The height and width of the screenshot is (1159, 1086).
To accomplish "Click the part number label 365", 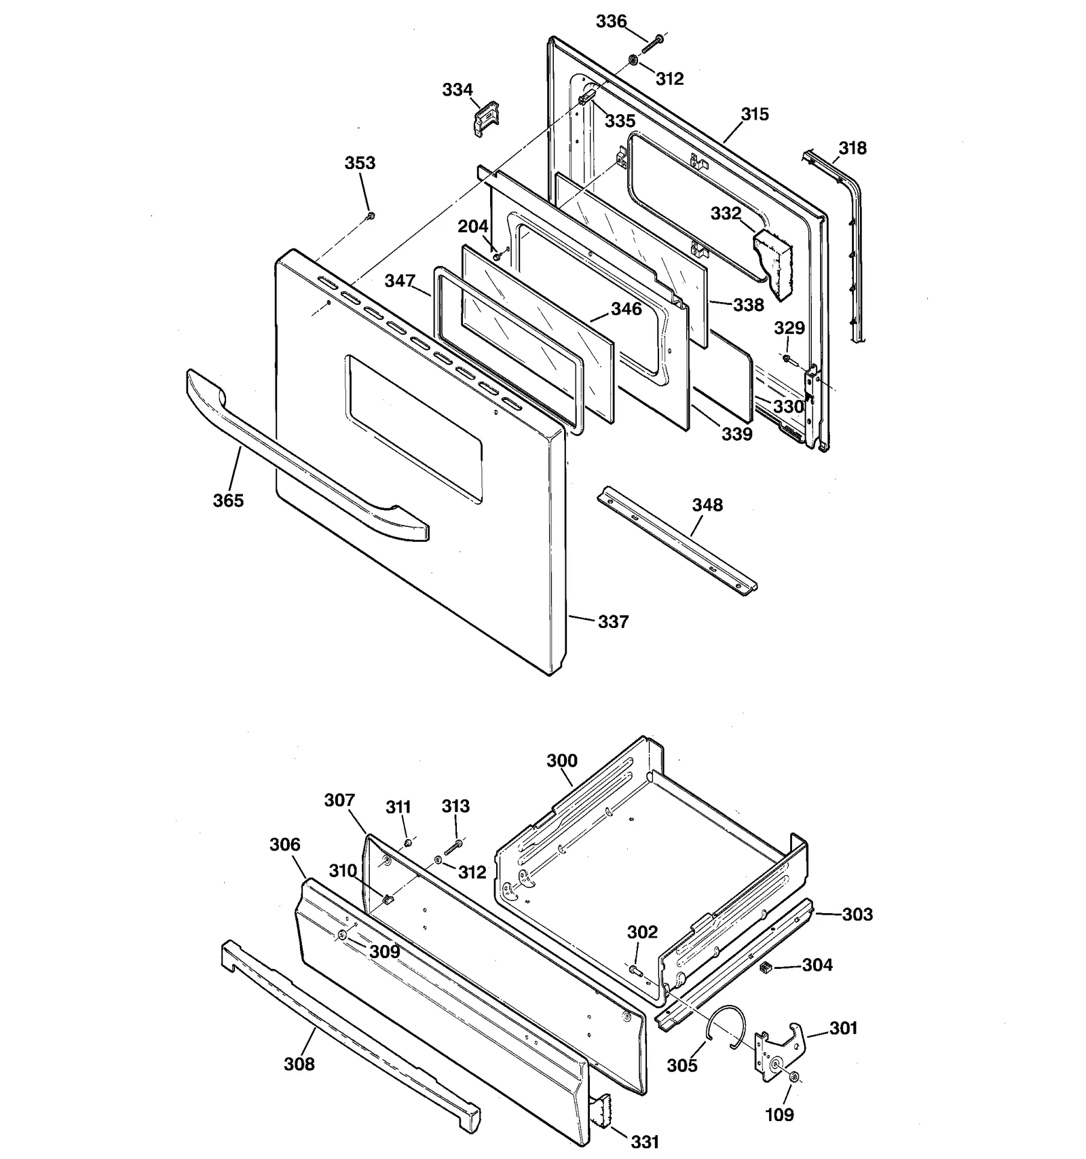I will point(227,500).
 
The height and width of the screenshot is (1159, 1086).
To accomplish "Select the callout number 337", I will point(613,621).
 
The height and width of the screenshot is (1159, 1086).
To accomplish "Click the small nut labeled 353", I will point(371,216).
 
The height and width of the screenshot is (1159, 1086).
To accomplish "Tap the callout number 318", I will point(853,147).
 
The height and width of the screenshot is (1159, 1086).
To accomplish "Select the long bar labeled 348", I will point(679,540).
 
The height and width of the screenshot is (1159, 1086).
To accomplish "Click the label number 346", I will point(626,309).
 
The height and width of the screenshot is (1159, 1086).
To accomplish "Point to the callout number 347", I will point(400,280).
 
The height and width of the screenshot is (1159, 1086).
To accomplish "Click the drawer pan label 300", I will point(562,760).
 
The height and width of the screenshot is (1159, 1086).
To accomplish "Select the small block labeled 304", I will point(766,967).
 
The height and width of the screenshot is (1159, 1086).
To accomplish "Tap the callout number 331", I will point(644,1142).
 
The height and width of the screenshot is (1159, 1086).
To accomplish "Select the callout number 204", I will point(472,226).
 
